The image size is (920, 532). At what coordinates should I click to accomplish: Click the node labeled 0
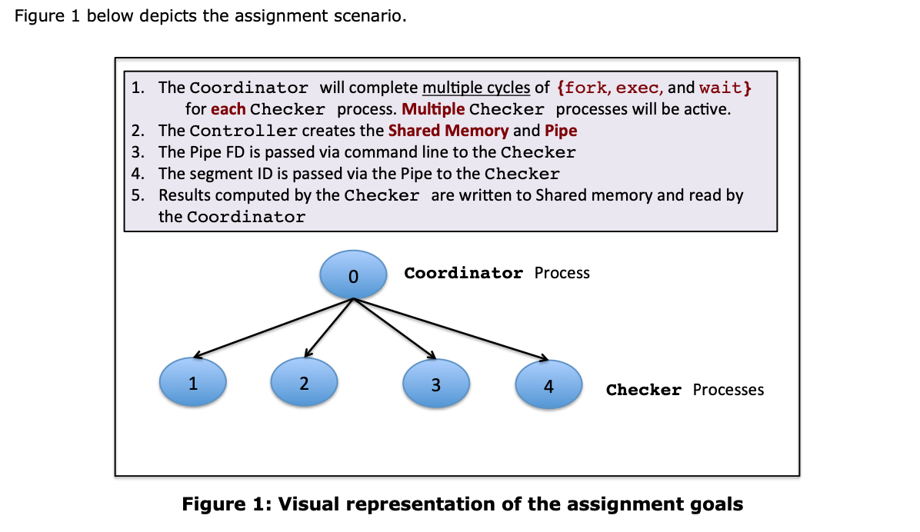click(352, 274)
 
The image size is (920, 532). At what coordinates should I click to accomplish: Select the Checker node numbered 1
click(192, 382)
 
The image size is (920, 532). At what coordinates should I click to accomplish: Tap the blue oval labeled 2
click(305, 382)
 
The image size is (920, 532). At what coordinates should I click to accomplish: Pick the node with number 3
click(435, 384)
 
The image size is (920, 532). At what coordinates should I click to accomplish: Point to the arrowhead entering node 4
click(542, 358)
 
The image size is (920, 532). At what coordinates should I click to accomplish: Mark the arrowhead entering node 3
click(432, 357)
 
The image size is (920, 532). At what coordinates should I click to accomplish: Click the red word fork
click(585, 88)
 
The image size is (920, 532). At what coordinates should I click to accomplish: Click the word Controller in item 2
click(244, 131)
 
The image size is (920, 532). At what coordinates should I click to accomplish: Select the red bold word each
click(228, 109)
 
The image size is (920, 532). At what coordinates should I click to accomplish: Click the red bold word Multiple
click(433, 109)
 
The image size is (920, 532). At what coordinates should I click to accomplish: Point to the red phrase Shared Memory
click(448, 131)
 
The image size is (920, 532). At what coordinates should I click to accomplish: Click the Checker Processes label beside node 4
click(685, 390)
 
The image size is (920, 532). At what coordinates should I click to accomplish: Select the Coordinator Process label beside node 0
click(497, 273)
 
